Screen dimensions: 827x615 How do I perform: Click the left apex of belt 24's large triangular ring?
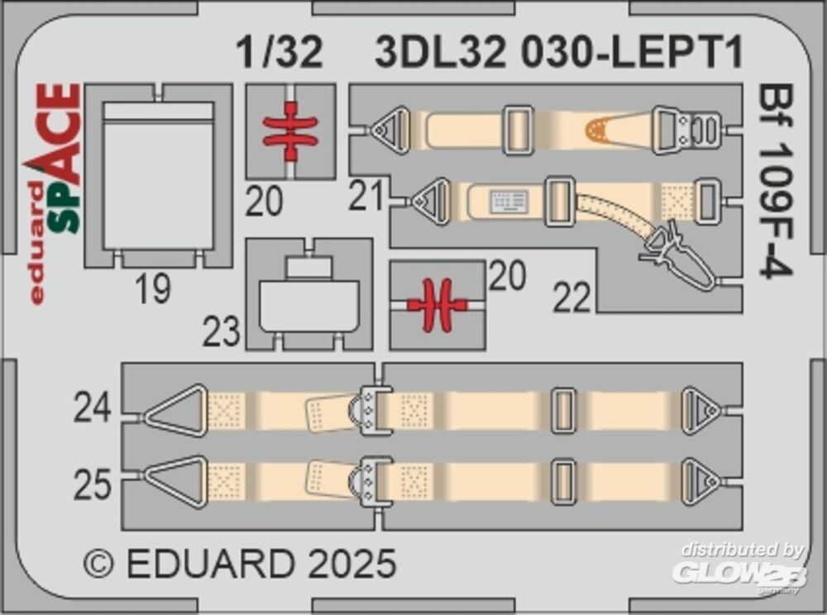click(x=145, y=418)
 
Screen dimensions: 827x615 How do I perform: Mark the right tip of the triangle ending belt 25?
click(x=720, y=482)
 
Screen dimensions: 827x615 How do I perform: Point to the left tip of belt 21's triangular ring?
click(x=370, y=130)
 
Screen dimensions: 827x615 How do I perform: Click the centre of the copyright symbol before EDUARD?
click(x=98, y=563)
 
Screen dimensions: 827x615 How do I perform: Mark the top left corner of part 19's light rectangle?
click(x=103, y=102)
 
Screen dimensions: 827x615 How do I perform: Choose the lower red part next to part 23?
click(x=437, y=304)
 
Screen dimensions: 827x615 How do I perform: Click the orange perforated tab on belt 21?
click(x=596, y=130)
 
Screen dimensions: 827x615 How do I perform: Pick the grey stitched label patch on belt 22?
click(x=509, y=202)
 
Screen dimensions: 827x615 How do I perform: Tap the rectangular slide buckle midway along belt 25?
click(x=562, y=482)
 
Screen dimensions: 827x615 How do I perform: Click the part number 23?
click(x=222, y=332)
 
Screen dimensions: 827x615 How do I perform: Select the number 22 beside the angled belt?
click(x=572, y=298)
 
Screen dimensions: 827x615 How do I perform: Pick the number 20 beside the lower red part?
click(x=508, y=275)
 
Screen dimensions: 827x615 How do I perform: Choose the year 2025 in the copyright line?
click(x=351, y=563)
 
